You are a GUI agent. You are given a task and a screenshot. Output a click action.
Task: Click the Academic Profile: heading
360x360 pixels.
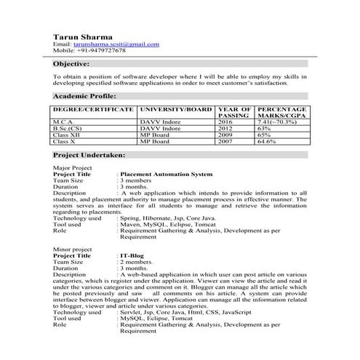tap(84, 96)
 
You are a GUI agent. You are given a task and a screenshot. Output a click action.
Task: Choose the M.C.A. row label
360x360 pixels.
tap(65, 121)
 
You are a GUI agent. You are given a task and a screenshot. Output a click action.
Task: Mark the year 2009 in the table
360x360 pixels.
tap(227, 134)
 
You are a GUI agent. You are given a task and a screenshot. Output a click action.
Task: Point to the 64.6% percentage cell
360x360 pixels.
tap(266, 140)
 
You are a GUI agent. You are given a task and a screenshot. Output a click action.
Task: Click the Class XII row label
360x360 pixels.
tap(69, 134)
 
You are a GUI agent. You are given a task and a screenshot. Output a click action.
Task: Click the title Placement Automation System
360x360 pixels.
tap(166, 175)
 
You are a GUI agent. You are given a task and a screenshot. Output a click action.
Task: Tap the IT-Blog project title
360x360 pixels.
tap(132, 256)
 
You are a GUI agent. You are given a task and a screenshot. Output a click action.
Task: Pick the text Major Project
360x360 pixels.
tap(71, 167)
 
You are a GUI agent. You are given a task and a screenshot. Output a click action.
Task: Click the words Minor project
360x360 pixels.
tap(71, 249)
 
